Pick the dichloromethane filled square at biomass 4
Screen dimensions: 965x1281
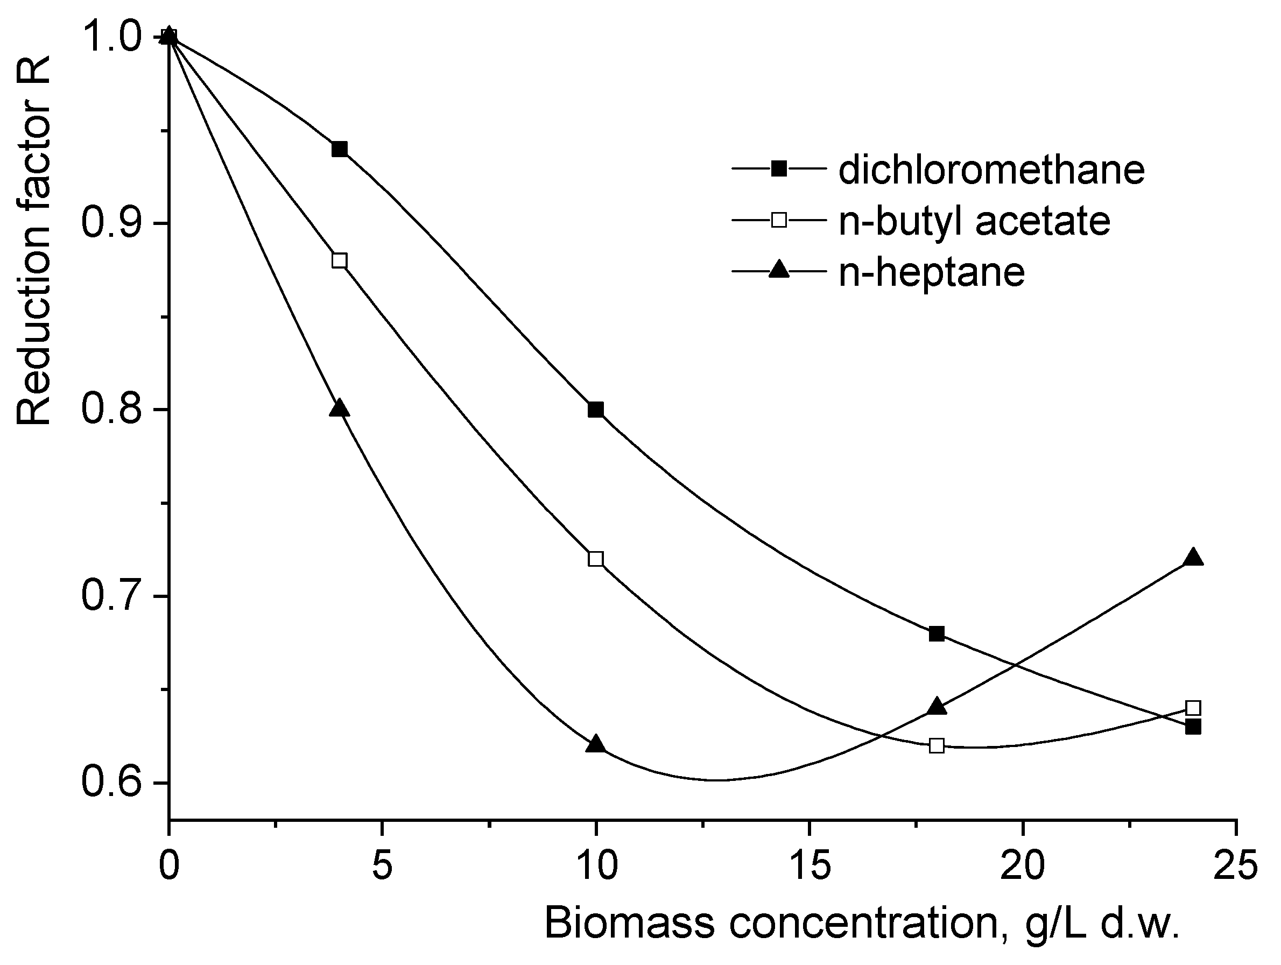click(x=340, y=149)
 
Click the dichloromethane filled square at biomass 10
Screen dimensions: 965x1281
click(x=595, y=410)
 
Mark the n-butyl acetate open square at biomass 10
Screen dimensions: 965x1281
click(x=595, y=559)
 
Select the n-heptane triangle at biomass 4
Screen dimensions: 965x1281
click(x=340, y=408)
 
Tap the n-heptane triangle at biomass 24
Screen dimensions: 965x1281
click(x=1193, y=558)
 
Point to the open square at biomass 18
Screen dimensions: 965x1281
click(x=937, y=745)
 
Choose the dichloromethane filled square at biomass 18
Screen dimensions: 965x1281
click(x=937, y=633)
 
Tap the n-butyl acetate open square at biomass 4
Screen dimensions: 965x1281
click(x=340, y=260)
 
